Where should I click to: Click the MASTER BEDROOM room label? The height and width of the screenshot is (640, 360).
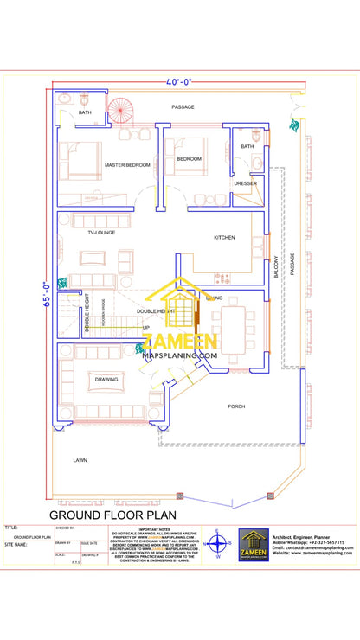click(127, 164)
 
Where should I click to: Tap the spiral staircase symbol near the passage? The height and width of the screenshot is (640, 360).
click(120, 111)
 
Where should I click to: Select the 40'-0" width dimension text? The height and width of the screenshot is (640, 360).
click(179, 82)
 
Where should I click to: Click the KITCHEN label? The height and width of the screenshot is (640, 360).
click(224, 237)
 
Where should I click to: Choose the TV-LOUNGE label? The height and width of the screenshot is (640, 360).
click(101, 233)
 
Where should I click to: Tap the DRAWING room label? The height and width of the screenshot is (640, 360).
click(106, 379)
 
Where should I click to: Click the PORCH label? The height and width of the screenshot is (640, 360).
click(236, 406)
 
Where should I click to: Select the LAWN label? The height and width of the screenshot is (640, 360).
click(80, 460)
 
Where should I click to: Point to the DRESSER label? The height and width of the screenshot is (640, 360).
click(245, 183)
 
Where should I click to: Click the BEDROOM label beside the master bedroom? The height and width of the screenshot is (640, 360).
click(189, 159)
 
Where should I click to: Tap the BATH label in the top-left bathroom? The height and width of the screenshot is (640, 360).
click(85, 112)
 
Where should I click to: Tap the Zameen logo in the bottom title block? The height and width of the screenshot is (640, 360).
click(254, 545)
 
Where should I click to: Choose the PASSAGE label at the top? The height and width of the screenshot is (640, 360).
click(182, 107)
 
